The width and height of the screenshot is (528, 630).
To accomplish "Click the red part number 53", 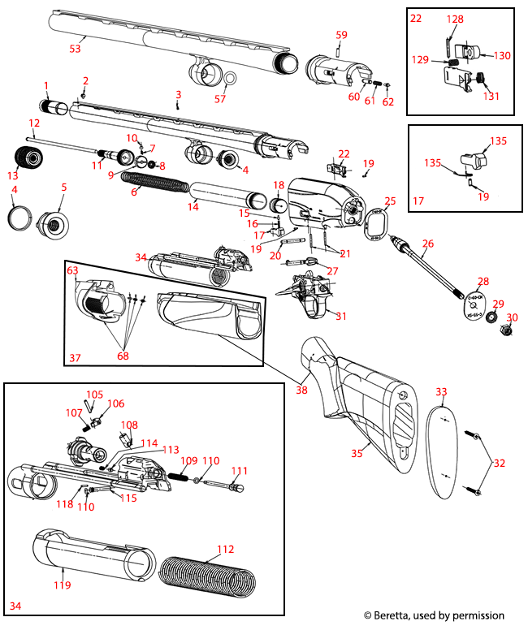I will (x=75, y=50).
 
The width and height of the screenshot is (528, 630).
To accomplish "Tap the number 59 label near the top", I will (x=341, y=35).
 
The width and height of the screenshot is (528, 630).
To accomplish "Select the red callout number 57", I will (x=219, y=98).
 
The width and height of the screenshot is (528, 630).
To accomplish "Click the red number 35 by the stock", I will (x=355, y=454).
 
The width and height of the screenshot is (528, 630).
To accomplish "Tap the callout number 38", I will (x=302, y=389).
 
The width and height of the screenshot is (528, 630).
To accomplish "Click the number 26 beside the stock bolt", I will (x=428, y=244).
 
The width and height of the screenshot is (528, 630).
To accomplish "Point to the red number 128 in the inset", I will (x=455, y=19).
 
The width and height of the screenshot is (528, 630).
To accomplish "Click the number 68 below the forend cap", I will (x=123, y=356).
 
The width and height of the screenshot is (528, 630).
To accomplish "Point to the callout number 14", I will (x=193, y=208).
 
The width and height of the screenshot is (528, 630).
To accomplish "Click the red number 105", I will (x=95, y=395).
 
